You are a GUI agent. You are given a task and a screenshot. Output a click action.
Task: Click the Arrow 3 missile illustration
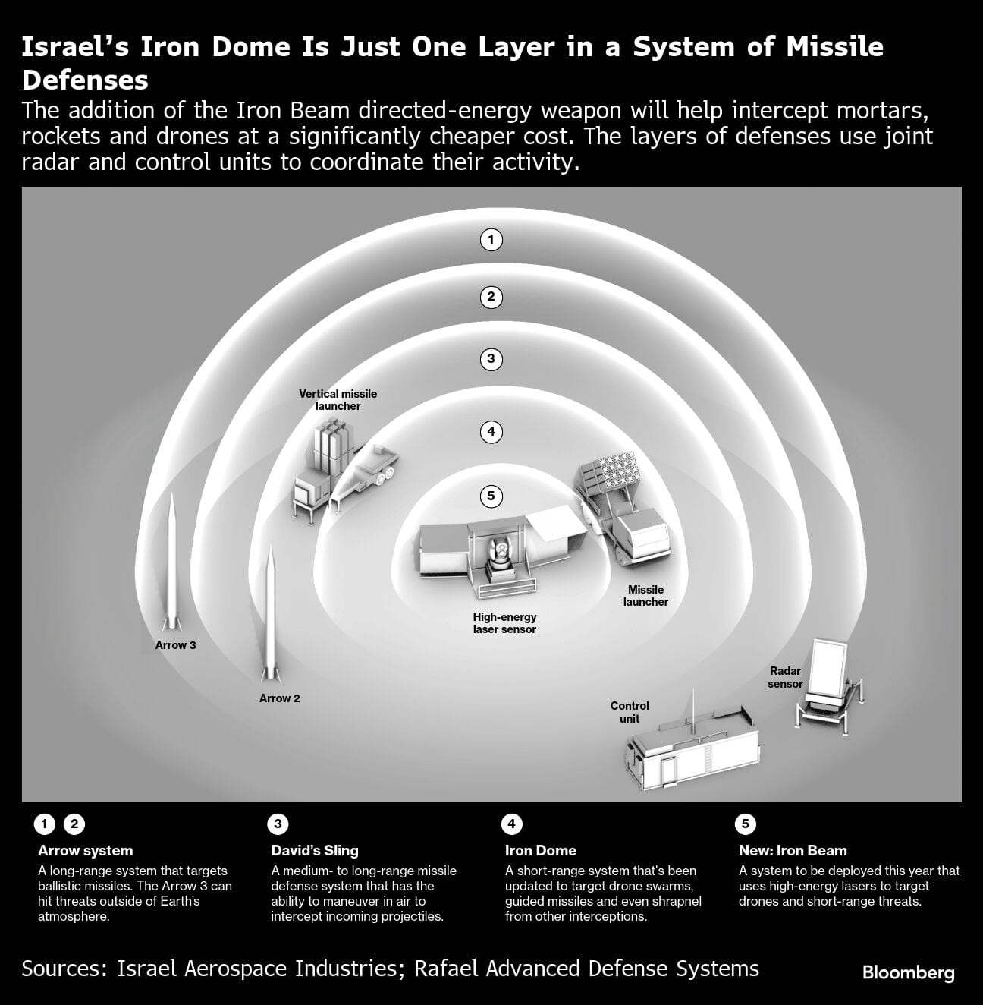point(173,562)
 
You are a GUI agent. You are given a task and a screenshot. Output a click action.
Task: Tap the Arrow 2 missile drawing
point(269,615)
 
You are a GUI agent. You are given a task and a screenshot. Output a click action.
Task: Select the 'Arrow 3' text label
point(175,645)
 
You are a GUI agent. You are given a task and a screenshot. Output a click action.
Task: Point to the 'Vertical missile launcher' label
point(338,400)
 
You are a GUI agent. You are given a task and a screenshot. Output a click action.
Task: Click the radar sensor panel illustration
point(829,668)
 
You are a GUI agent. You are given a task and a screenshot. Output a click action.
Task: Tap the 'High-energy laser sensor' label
point(504,623)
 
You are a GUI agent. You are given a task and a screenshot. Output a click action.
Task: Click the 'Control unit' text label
point(630,712)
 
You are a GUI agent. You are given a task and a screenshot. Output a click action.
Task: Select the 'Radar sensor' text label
point(785,677)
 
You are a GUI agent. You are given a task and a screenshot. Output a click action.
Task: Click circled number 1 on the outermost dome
point(491,240)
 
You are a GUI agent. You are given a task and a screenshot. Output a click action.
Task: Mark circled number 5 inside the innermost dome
point(491,496)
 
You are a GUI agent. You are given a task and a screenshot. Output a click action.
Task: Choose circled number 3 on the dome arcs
point(491,359)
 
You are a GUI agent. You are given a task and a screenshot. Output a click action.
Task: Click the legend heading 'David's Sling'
point(315,851)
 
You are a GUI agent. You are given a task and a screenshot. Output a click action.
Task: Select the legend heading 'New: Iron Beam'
point(793,851)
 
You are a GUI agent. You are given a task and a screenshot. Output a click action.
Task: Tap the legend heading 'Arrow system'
point(85,851)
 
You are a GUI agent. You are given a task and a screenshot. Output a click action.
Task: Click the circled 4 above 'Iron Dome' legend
point(512,824)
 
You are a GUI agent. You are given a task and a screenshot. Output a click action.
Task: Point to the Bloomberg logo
point(908,972)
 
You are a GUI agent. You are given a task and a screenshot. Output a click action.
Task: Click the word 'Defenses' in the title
point(85,80)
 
